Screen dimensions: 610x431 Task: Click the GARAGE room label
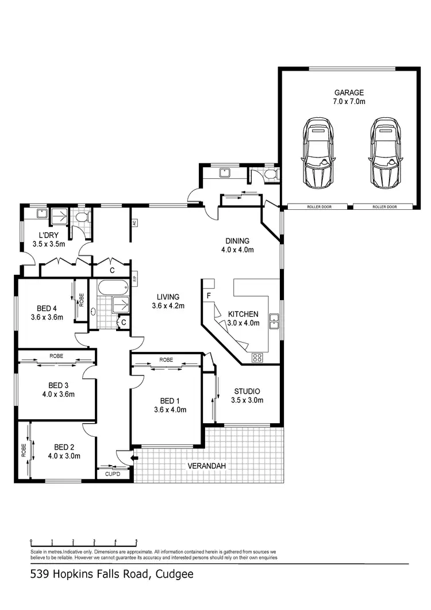click(x=349, y=92)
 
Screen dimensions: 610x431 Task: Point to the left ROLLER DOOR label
click(x=317, y=207)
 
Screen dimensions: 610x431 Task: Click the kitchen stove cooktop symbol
click(x=257, y=357)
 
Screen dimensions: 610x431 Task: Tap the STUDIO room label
click(x=247, y=392)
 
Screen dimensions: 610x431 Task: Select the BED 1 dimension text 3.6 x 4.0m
click(x=170, y=410)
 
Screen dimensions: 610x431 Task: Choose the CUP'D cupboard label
click(x=113, y=474)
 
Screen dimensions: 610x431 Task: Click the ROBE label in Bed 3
click(x=56, y=356)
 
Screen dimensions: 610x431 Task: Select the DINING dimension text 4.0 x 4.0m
click(x=237, y=250)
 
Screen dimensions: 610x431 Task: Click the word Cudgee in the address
click(x=177, y=574)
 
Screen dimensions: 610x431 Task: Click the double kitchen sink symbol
click(x=275, y=323)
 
